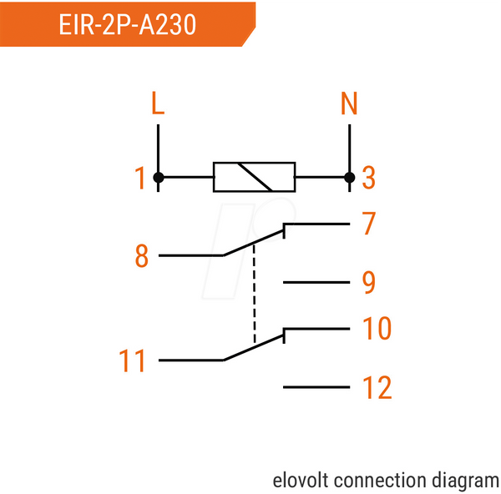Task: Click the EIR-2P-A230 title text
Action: (x=127, y=24)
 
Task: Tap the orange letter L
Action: (x=158, y=103)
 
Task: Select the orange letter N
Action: (x=349, y=103)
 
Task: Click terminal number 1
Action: (x=140, y=178)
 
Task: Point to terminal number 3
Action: (x=368, y=178)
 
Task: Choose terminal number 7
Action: (x=368, y=223)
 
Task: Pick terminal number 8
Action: (x=142, y=255)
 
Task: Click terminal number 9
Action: (x=369, y=282)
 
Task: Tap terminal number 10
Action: (x=377, y=328)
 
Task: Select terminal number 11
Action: (x=132, y=360)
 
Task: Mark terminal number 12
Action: (x=377, y=387)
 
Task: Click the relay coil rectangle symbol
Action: (x=255, y=177)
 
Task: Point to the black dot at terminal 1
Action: (x=159, y=177)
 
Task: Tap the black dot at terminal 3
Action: (x=350, y=177)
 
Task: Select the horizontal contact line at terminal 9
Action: (x=316, y=282)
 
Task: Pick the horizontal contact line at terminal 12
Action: (x=316, y=387)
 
